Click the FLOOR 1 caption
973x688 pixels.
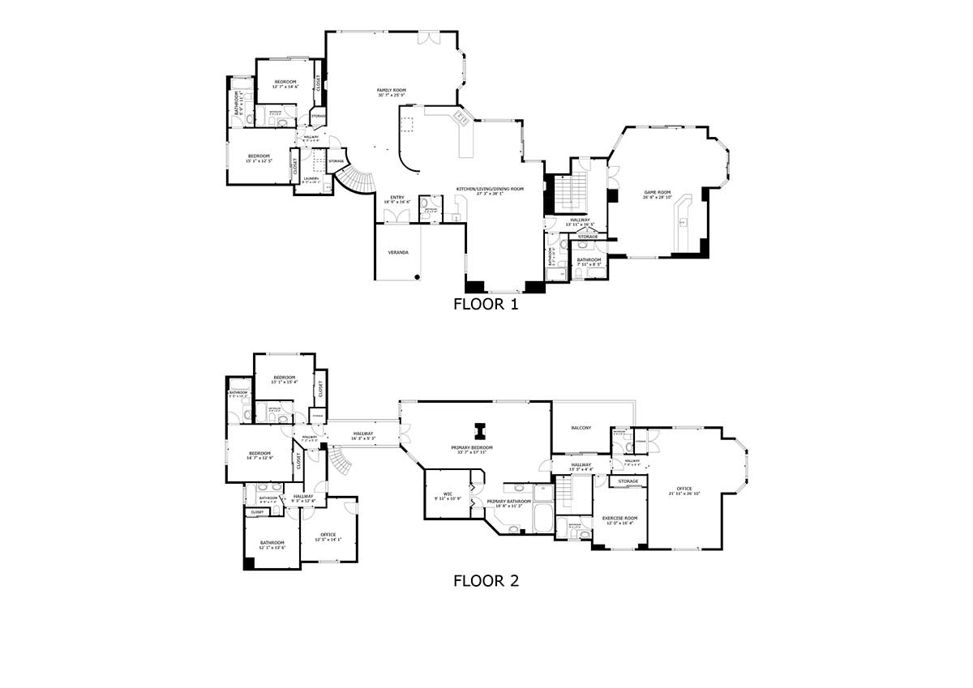tap(486, 306)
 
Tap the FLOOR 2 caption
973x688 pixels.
tap(486, 580)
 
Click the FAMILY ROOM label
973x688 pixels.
tap(391, 90)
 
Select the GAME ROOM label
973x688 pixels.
tap(658, 192)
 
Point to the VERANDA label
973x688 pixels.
tap(398, 253)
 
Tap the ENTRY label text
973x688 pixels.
tap(397, 197)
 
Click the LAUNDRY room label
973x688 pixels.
tap(311, 178)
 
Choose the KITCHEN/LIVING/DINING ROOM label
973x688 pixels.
tap(490, 189)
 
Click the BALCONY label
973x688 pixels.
tap(581, 428)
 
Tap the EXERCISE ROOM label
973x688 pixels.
tap(619, 518)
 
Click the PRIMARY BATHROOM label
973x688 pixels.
tap(508, 502)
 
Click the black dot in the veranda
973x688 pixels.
tap(417, 276)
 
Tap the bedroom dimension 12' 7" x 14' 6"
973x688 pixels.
tap(285, 87)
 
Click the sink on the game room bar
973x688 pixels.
tap(682, 221)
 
